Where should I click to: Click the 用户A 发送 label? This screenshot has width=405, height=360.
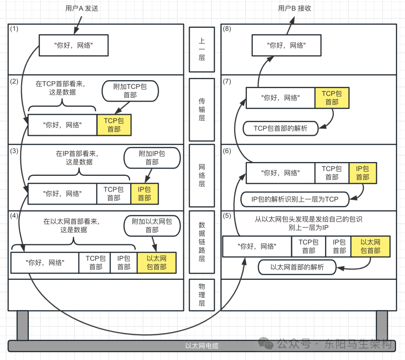[x=81, y=8]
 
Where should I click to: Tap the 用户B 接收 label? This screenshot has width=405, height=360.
[x=294, y=8]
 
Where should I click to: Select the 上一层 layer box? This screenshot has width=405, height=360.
[x=202, y=49]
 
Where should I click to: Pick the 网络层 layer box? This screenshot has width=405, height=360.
[x=202, y=175]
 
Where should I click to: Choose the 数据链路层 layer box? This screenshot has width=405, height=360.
[x=202, y=242]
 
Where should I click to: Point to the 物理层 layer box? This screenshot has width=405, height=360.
[x=202, y=295]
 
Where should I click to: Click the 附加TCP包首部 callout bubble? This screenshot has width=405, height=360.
[x=130, y=91]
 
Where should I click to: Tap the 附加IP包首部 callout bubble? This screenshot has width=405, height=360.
[x=152, y=157]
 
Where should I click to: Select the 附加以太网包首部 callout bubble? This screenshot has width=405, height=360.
[x=152, y=225]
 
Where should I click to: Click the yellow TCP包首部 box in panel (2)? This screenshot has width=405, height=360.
[x=114, y=125]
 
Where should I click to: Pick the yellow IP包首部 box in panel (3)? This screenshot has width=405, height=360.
[x=144, y=193]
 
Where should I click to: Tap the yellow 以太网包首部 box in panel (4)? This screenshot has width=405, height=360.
[x=156, y=262]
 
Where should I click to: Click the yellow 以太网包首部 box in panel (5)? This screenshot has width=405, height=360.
[x=370, y=246]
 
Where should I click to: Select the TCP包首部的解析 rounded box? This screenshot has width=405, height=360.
[x=280, y=128]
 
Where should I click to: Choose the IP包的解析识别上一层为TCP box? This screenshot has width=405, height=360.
[x=295, y=199]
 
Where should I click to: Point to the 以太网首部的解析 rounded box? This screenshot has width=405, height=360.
[x=297, y=267]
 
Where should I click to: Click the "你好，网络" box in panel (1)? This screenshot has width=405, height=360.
[x=73, y=45]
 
